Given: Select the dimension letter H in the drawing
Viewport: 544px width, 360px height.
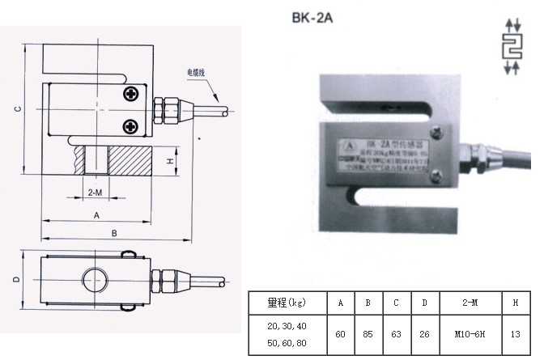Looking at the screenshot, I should [x=172, y=161].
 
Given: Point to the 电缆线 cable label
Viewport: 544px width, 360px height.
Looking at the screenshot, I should [x=198, y=72].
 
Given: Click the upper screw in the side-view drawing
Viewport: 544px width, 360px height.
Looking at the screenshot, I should [x=130, y=95].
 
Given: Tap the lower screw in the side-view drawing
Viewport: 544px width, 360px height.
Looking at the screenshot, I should [x=130, y=125].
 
